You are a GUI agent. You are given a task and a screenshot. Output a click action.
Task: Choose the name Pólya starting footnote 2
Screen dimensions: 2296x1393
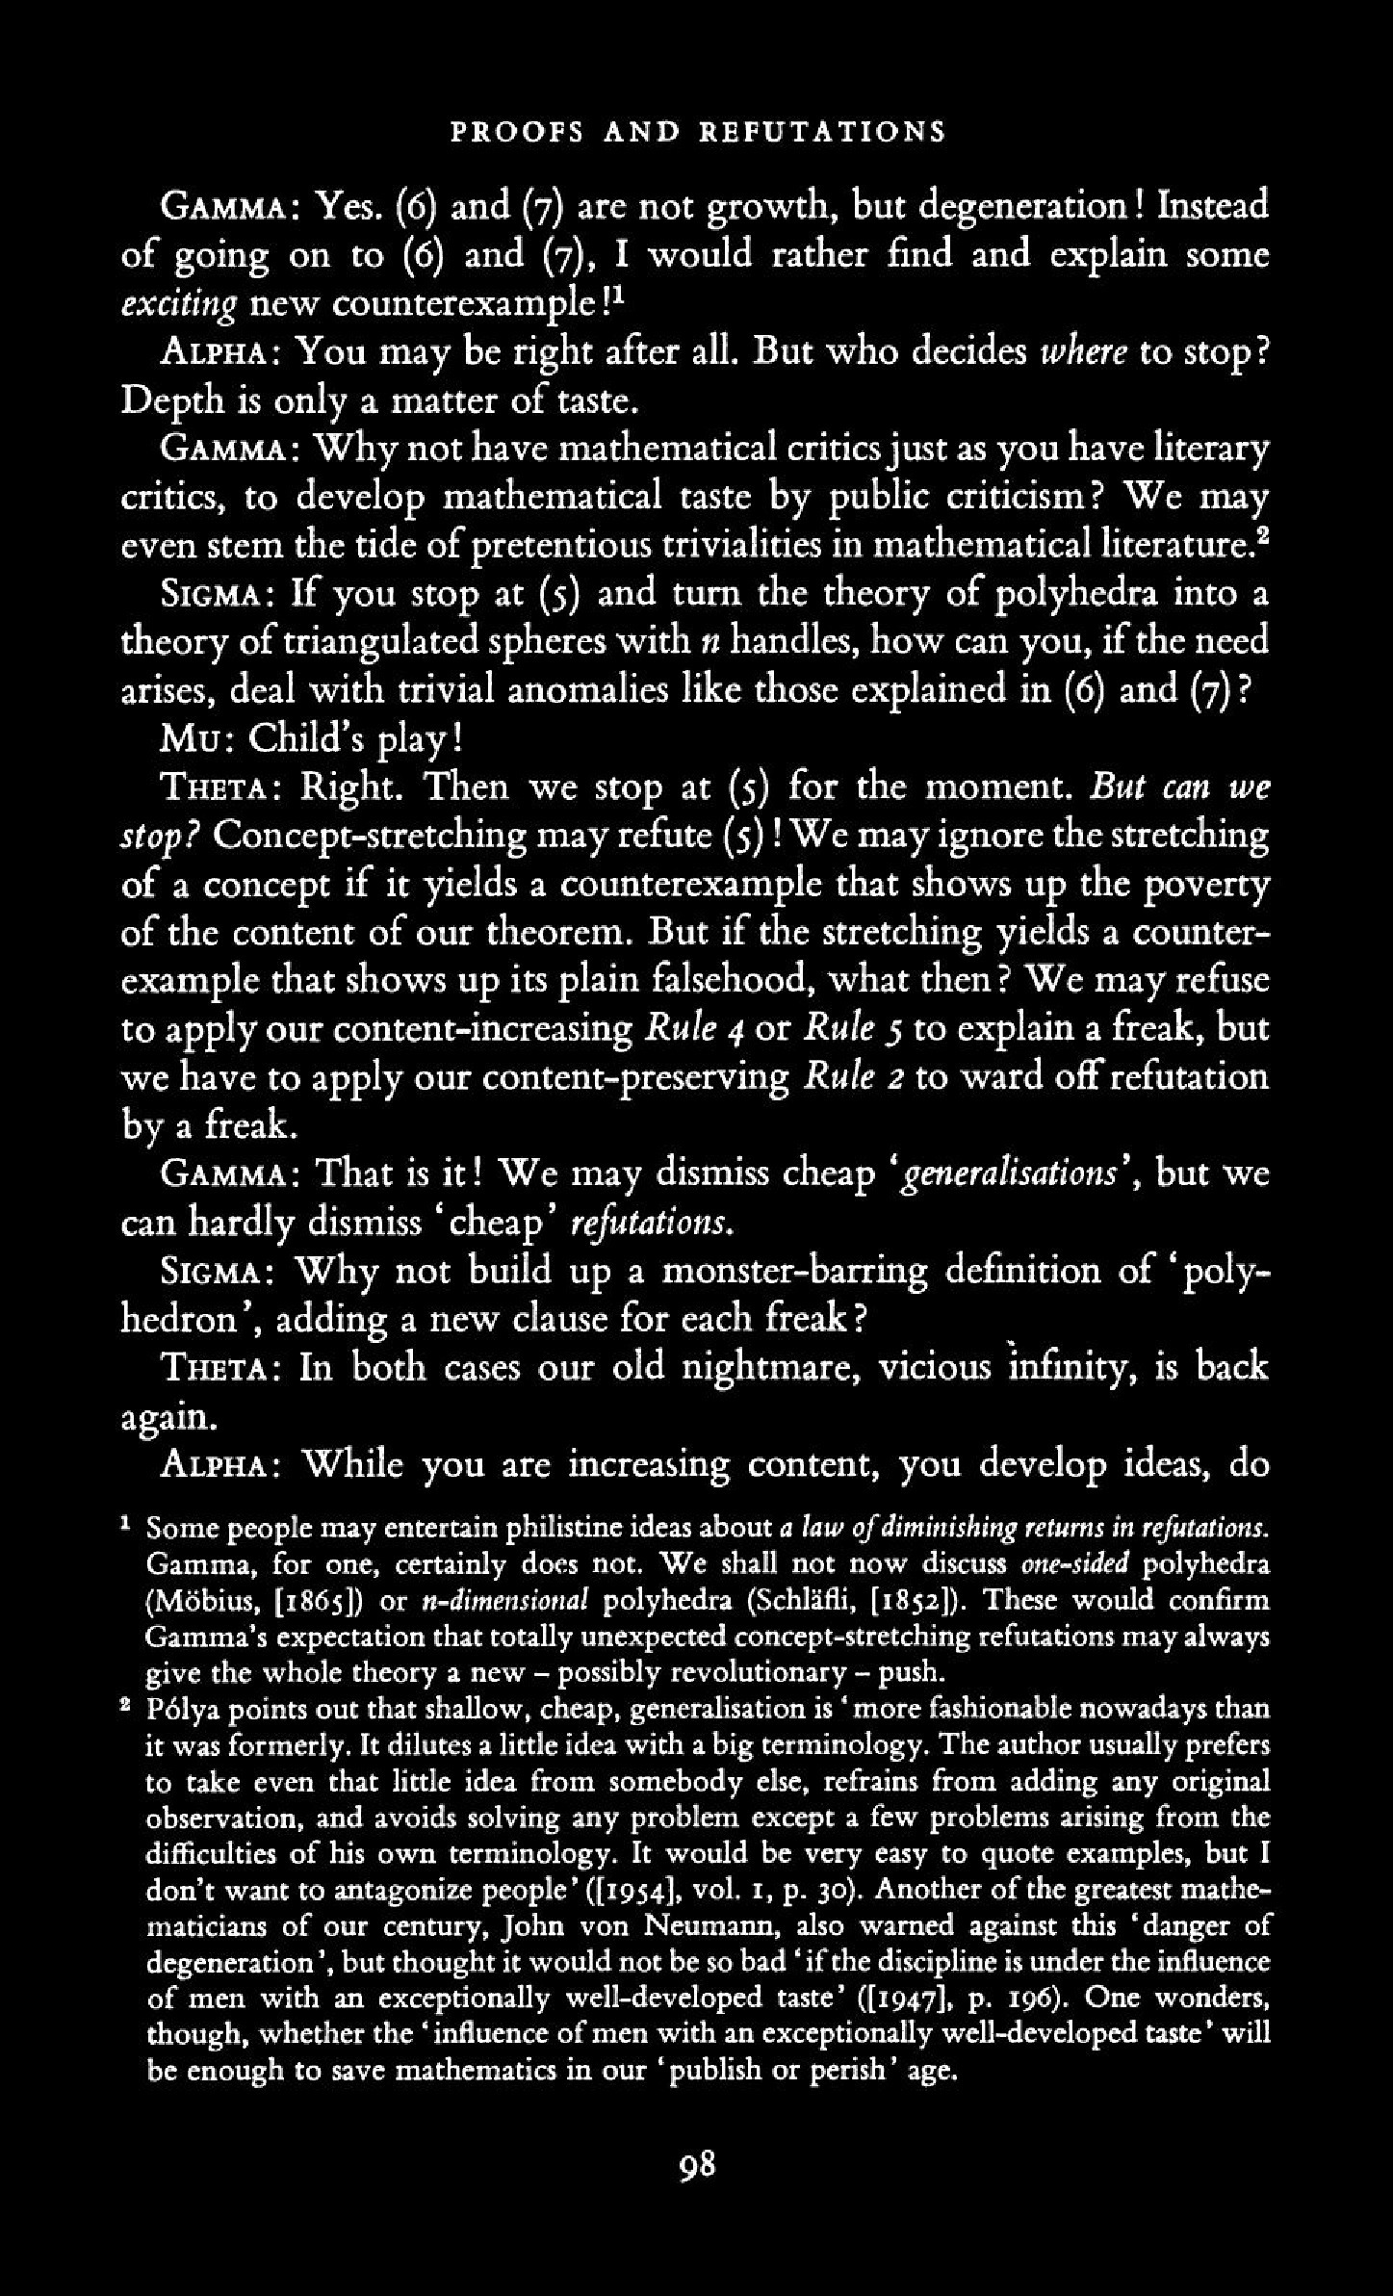pyautogui.click(x=181, y=1709)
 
